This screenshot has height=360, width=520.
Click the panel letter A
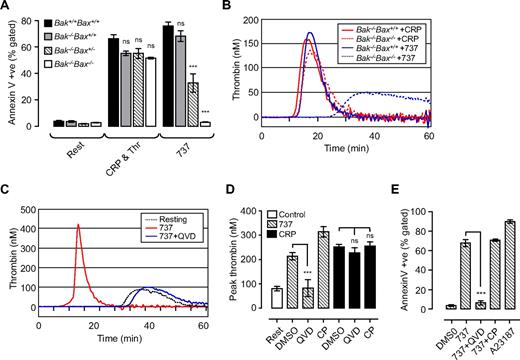point(8,9)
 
